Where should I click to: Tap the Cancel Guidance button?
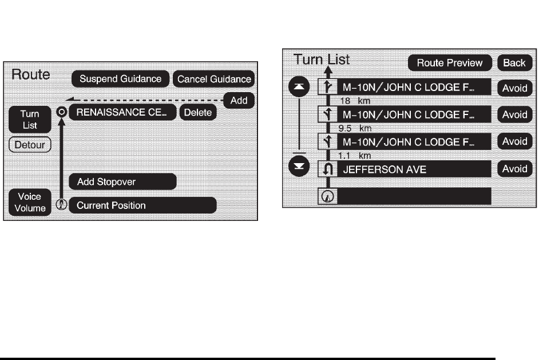(x=214, y=79)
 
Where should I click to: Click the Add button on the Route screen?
(x=239, y=101)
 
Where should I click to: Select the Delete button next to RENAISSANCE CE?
(x=197, y=113)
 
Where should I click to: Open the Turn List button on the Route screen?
(x=30, y=119)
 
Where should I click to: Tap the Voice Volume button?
(x=30, y=203)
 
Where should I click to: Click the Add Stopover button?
(x=122, y=182)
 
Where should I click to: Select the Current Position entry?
(x=142, y=205)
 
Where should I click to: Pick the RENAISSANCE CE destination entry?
(x=122, y=112)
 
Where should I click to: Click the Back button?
(x=514, y=62)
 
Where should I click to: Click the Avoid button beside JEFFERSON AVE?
(x=514, y=169)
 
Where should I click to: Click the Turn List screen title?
(x=322, y=59)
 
